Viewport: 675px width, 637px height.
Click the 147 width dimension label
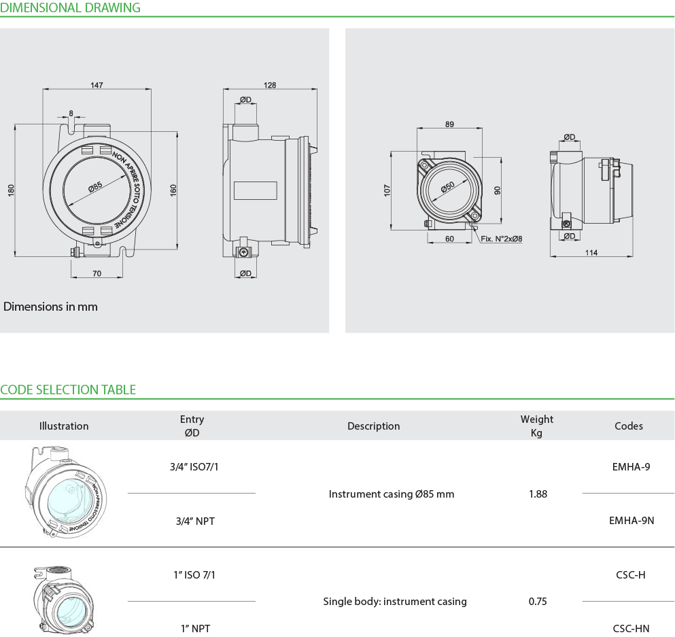[97, 85]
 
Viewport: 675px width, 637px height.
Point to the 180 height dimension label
[11, 190]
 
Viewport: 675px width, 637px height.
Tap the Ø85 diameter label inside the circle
[95, 187]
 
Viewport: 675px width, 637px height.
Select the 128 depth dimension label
[270, 85]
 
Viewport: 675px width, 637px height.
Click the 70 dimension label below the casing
[97, 273]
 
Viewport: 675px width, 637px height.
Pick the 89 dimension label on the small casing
[449, 124]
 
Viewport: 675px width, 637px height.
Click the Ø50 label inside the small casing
[448, 187]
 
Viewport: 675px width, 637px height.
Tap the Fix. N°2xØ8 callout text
[502, 239]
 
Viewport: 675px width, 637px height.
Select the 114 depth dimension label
[591, 253]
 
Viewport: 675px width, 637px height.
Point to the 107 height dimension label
[387, 190]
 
